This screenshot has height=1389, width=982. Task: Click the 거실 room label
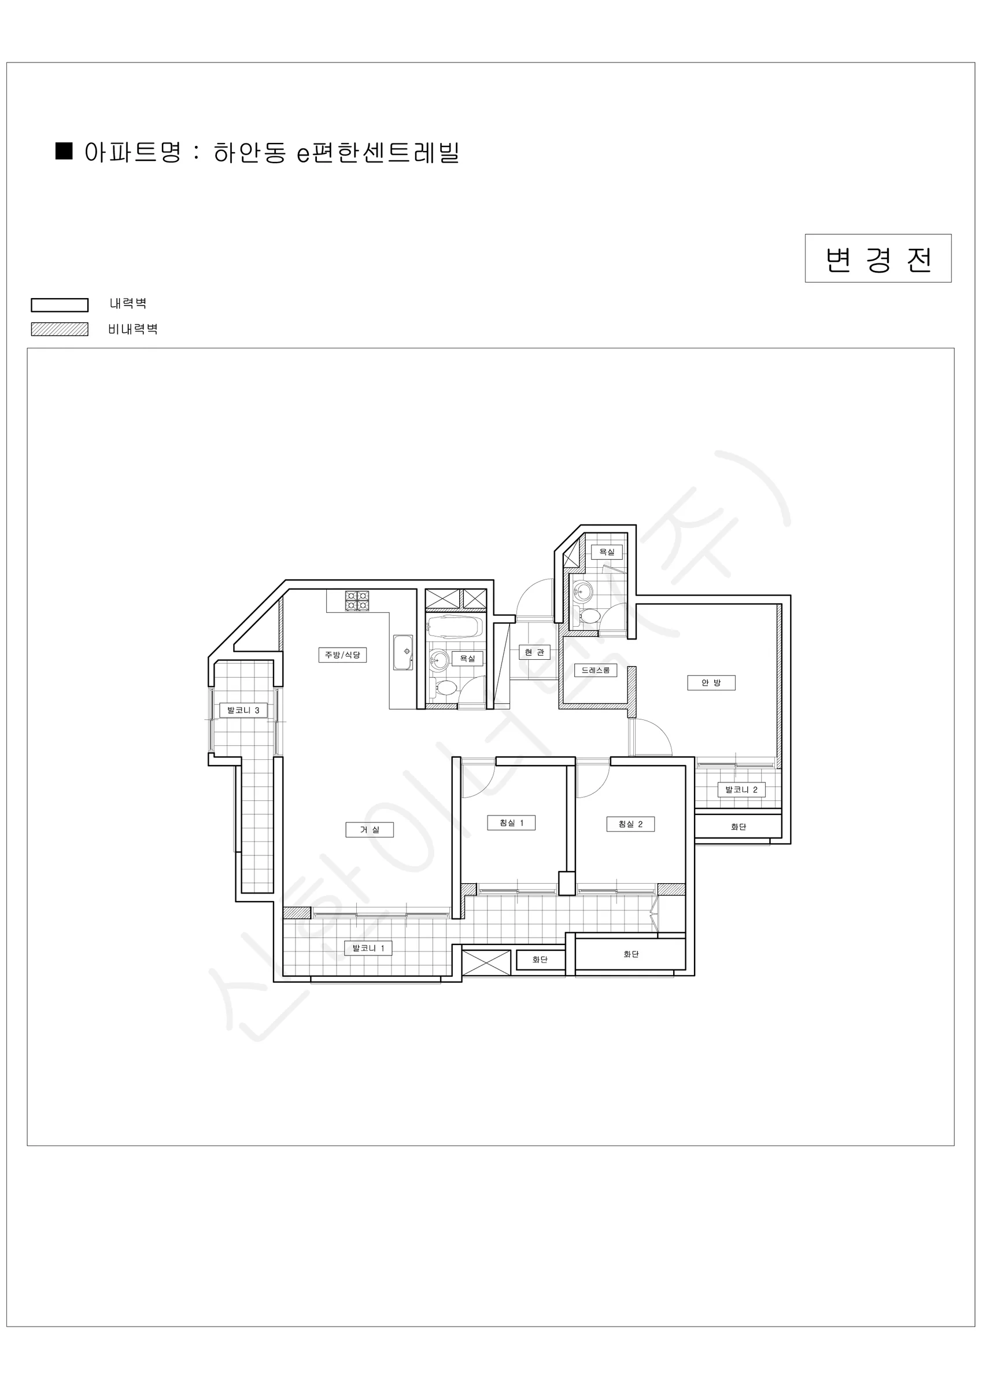pyautogui.click(x=369, y=829)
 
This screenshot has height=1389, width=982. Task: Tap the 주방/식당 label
pyautogui.click(x=342, y=655)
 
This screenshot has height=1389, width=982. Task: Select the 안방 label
pyautogui.click(x=711, y=682)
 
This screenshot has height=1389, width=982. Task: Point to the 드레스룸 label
pyautogui.click(x=596, y=670)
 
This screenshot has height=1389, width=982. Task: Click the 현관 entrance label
pyautogui.click(x=534, y=652)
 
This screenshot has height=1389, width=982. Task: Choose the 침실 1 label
pyautogui.click(x=512, y=823)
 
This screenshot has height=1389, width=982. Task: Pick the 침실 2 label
pyautogui.click(x=631, y=824)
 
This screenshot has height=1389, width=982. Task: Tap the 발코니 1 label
pyautogui.click(x=368, y=948)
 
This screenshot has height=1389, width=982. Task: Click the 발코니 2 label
pyautogui.click(x=741, y=789)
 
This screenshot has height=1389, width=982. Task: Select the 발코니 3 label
pyautogui.click(x=243, y=710)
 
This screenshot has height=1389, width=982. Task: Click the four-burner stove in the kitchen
pyautogui.click(x=357, y=601)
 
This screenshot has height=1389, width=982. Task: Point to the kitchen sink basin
pyautogui.click(x=403, y=652)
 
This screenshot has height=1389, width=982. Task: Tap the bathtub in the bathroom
pyautogui.click(x=455, y=628)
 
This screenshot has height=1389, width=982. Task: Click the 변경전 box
pyautogui.click(x=878, y=258)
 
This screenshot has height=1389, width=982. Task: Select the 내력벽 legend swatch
pyautogui.click(x=60, y=305)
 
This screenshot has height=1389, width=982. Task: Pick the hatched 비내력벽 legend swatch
pyautogui.click(x=60, y=329)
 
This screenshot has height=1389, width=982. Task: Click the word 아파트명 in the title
pyautogui.click(x=133, y=152)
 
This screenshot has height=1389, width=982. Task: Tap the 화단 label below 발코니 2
pyautogui.click(x=739, y=826)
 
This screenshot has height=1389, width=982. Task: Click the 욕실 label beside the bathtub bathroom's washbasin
pyautogui.click(x=467, y=658)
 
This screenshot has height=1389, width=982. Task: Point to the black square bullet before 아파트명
pyautogui.click(x=64, y=151)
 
